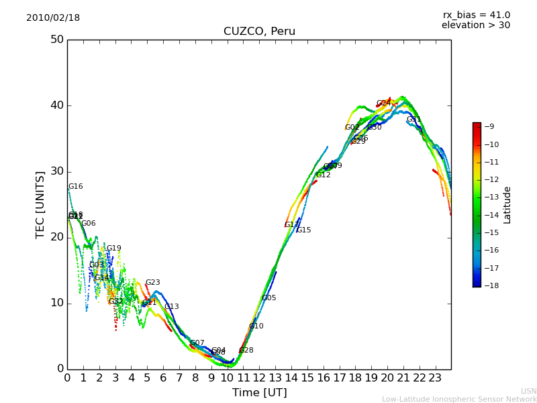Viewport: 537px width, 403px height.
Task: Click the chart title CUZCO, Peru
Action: (259, 32)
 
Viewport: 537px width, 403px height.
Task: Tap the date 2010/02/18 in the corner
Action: (53, 18)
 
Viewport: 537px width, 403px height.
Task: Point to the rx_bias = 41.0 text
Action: (476, 15)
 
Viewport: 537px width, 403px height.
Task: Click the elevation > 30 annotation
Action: (475, 26)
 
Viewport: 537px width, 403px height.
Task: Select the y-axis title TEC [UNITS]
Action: (40, 204)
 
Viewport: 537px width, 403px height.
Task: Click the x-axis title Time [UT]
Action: (259, 393)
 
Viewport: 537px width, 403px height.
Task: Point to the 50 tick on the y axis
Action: (57, 40)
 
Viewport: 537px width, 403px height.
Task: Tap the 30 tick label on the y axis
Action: (57, 171)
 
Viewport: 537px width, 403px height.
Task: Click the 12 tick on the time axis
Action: (259, 377)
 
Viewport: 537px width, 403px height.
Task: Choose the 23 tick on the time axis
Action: (435, 377)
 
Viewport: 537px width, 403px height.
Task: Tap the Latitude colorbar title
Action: (507, 205)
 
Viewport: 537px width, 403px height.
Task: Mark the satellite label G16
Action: (76, 187)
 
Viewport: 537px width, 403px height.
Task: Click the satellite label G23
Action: (153, 283)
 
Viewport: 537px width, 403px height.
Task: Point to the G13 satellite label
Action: (172, 307)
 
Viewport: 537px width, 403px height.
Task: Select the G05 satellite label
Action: (269, 298)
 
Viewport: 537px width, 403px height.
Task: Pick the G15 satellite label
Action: (304, 230)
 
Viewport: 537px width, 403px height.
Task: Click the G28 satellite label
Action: (246, 351)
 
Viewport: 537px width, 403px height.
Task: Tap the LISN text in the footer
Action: (528, 391)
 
